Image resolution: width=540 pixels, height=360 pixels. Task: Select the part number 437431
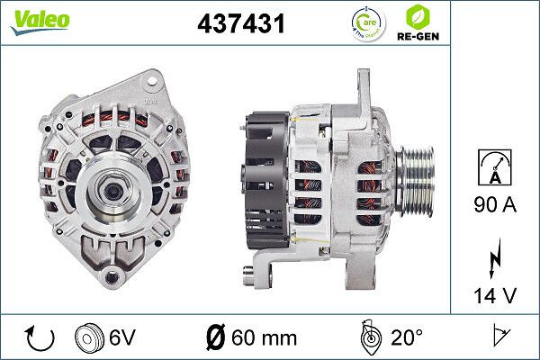point(240,24)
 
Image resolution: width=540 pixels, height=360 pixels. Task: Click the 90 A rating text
point(494,207)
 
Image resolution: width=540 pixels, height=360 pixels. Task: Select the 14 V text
point(494,294)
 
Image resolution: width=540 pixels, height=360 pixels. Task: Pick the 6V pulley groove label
point(122,338)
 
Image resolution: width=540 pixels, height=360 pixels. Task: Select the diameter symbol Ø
point(216,338)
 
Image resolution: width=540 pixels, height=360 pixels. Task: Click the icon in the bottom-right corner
point(499,337)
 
